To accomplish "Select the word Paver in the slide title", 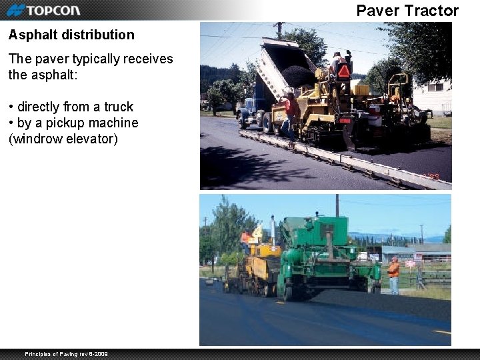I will pos(377,11).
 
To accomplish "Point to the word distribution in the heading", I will pos(98,35).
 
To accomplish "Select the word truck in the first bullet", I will pos(119,107).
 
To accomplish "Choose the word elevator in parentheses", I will pos(93,139).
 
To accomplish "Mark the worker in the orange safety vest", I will pos(394,274).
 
